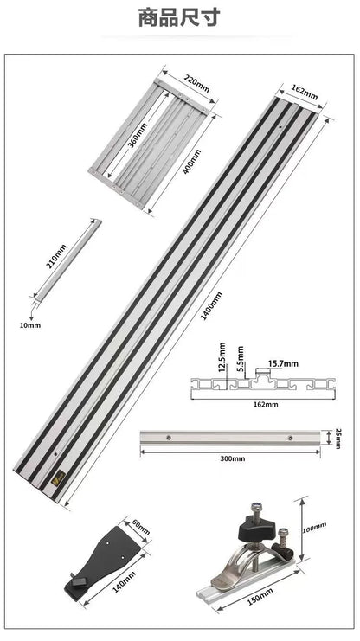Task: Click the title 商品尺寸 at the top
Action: (179, 16)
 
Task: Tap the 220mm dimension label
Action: (197, 84)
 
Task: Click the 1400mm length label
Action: (210, 305)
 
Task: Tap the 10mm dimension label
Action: (29, 325)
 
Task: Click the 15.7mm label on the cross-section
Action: (283, 364)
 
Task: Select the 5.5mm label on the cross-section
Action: (241, 356)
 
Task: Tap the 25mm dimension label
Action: (339, 438)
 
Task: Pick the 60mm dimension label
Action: (142, 527)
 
